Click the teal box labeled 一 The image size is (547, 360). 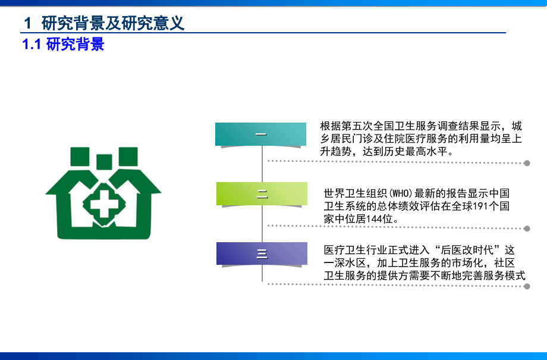coord(261,134)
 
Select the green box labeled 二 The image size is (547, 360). coord(262,194)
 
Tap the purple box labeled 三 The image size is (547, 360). coord(262,254)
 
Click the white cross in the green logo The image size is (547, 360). coord(103,206)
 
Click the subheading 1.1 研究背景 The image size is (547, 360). coord(63,45)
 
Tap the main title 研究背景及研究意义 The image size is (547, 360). coord(113,23)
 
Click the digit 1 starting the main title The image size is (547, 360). coord(27,23)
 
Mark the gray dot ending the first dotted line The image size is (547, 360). coord(527,162)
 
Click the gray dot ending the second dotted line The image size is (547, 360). coord(527,228)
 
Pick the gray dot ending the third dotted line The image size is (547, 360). coord(527,286)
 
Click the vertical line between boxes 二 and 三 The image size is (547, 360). coord(262,224)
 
